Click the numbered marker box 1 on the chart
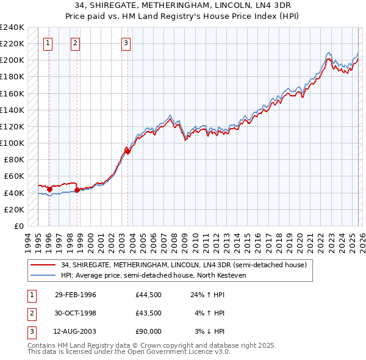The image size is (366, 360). click(48, 43)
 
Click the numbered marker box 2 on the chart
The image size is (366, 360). click(74, 43)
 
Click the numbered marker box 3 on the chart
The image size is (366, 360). click(125, 43)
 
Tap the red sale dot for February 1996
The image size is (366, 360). click(49, 189)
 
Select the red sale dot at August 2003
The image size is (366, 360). click(127, 151)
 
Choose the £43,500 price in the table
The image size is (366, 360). click(149, 313)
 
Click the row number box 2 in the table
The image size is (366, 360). click(30, 313)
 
